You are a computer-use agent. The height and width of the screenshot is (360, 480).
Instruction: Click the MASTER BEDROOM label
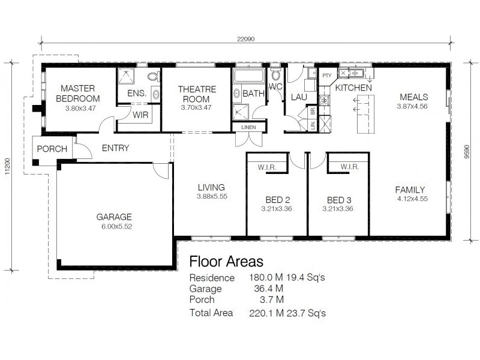(x=79, y=94)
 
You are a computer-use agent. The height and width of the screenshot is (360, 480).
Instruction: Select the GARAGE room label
(x=114, y=217)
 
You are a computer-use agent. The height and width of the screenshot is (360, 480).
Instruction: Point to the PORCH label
(x=52, y=149)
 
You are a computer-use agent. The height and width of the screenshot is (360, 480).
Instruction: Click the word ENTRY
(x=115, y=148)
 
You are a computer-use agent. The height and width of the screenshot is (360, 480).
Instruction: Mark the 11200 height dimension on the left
(x=7, y=163)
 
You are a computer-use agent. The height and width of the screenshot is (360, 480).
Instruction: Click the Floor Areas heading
(x=226, y=262)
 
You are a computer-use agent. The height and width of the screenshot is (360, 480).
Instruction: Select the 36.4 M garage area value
(x=266, y=289)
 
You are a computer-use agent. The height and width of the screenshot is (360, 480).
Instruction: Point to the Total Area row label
(x=211, y=313)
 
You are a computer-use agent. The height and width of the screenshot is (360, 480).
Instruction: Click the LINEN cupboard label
(x=249, y=127)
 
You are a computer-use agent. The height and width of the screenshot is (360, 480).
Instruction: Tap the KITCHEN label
(x=353, y=88)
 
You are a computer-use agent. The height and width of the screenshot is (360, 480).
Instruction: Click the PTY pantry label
(x=327, y=76)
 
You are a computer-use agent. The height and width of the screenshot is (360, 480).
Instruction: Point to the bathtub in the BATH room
(x=248, y=77)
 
